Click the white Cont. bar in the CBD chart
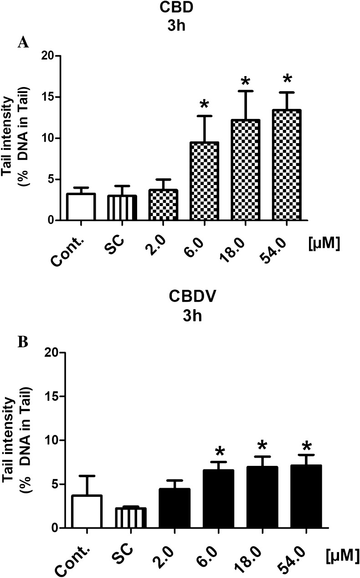[81, 207]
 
